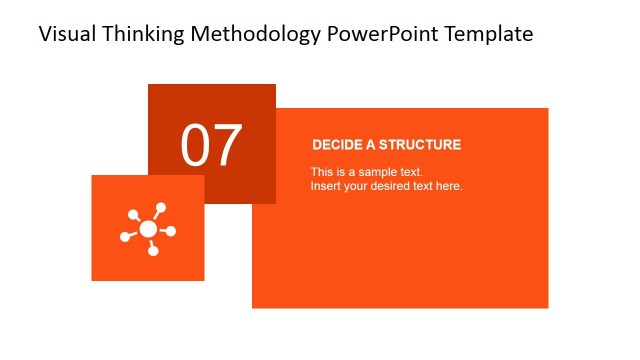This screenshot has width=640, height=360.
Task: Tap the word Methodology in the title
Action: [x=261, y=34]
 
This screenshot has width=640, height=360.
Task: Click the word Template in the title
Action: [x=491, y=34]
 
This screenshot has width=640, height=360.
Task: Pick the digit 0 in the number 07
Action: [x=196, y=146]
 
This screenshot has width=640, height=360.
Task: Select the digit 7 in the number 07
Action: [x=227, y=146]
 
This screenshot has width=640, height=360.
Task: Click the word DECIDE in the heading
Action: [x=336, y=145]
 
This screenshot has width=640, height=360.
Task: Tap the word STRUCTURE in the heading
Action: [x=419, y=145]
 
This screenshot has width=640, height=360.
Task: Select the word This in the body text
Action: [x=321, y=172]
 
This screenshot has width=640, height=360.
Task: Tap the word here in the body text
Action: [x=449, y=186]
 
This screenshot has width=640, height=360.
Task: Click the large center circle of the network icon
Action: [x=148, y=229]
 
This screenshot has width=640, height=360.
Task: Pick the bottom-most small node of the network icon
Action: [x=153, y=250]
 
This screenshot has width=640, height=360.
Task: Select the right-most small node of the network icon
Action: [x=171, y=232]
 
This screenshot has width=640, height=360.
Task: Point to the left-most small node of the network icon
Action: [x=125, y=237]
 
